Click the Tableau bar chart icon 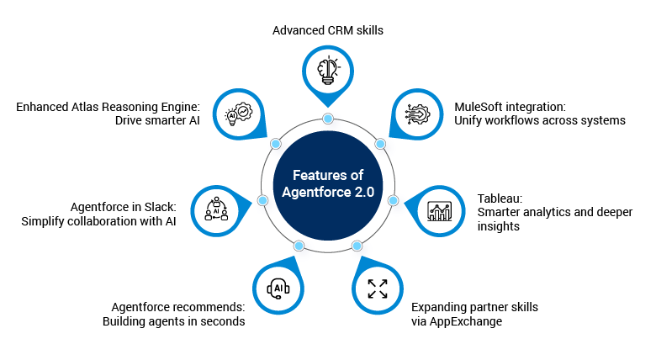click(x=441, y=209)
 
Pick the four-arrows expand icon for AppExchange click(x=378, y=289)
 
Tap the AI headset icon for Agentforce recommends click(x=278, y=289)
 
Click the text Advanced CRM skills click(x=328, y=30)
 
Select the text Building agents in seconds click(x=173, y=320)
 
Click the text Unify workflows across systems click(x=540, y=120)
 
